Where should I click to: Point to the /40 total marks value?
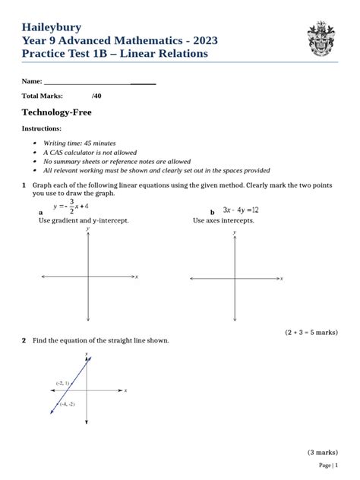click(x=96, y=96)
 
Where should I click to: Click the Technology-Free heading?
click(x=61, y=112)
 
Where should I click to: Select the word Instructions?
click(x=41, y=128)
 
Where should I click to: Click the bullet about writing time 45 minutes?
click(x=79, y=143)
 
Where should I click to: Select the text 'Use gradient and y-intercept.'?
click(x=84, y=220)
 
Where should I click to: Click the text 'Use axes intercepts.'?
click(x=223, y=220)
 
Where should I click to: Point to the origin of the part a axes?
click(x=90, y=277)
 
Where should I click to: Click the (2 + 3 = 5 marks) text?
click(x=311, y=332)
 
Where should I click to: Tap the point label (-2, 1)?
click(x=62, y=383)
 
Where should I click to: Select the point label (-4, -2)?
click(x=67, y=404)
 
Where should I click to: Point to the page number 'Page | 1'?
click(x=328, y=465)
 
